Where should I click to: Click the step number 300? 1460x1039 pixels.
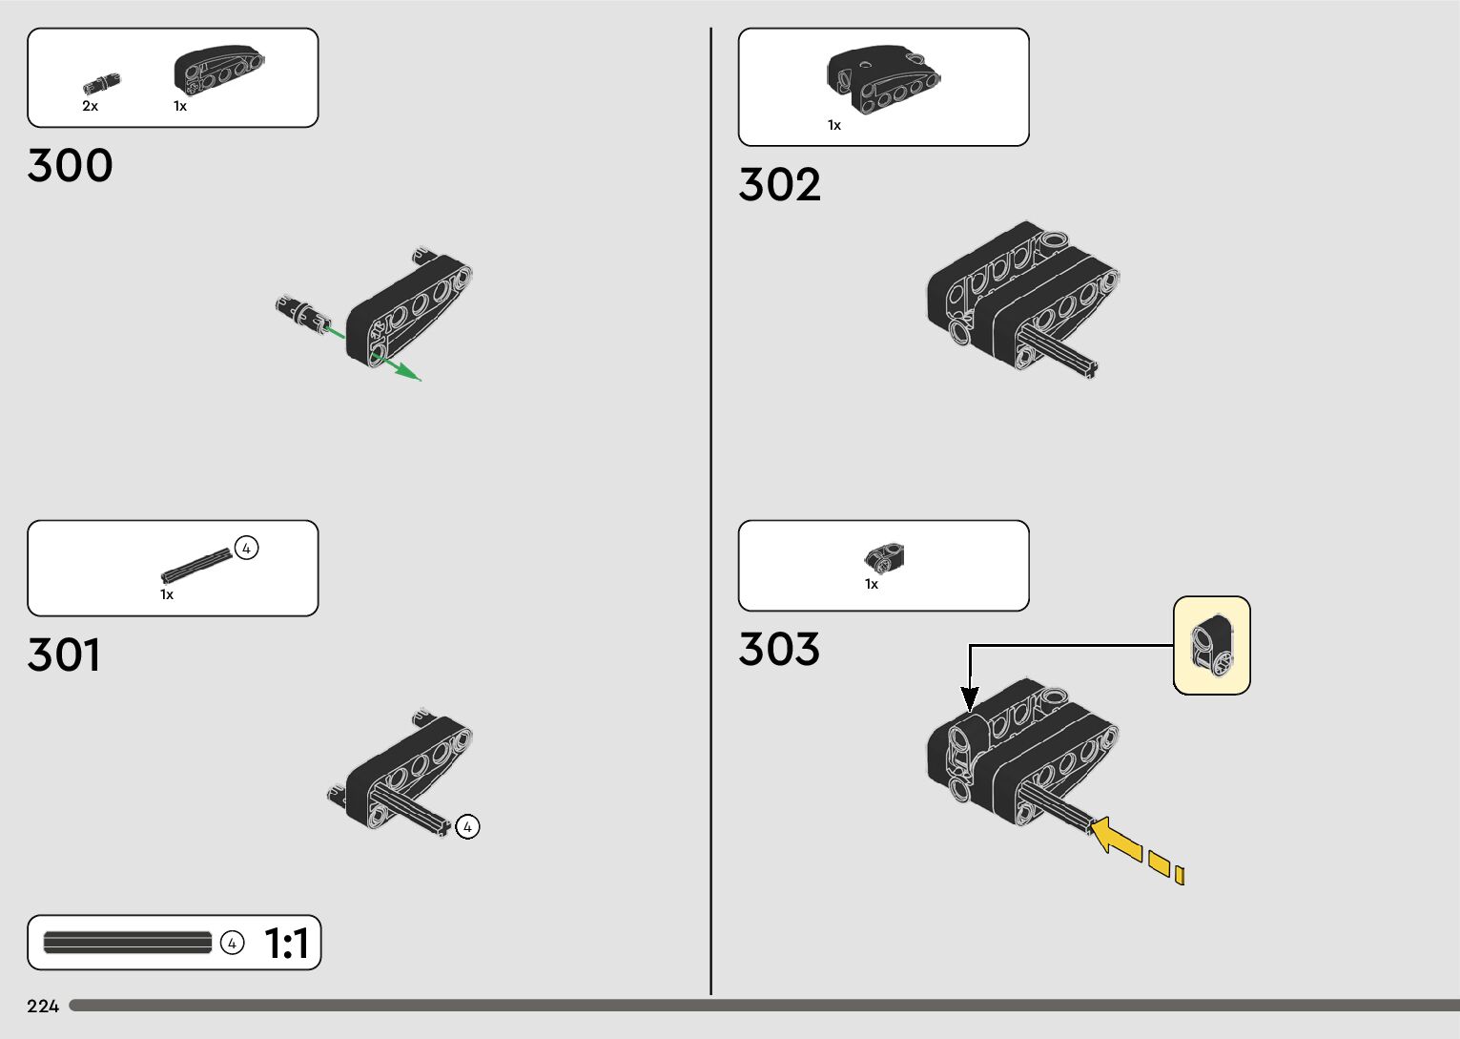click(71, 166)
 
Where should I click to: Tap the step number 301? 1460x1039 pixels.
click(64, 655)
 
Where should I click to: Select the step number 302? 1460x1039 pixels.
click(779, 185)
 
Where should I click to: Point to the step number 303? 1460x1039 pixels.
click(779, 650)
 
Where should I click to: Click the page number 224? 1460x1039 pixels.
click(43, 1006)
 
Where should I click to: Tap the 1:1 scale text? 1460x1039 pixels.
click(286, 944)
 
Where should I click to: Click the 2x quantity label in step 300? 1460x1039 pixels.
click(90, 106)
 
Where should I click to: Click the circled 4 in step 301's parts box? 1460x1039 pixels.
click(246, 549)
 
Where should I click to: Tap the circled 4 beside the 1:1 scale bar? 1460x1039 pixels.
click(232, 944)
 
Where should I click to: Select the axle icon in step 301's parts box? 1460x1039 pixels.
click(196, 565)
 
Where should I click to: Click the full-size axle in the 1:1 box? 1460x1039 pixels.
click(127, 944)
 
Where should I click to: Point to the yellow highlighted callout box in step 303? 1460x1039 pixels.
click(1211, 646)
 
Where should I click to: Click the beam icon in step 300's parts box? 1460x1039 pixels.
click(218, 70)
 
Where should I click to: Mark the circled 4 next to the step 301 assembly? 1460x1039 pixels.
click(467, 826)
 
